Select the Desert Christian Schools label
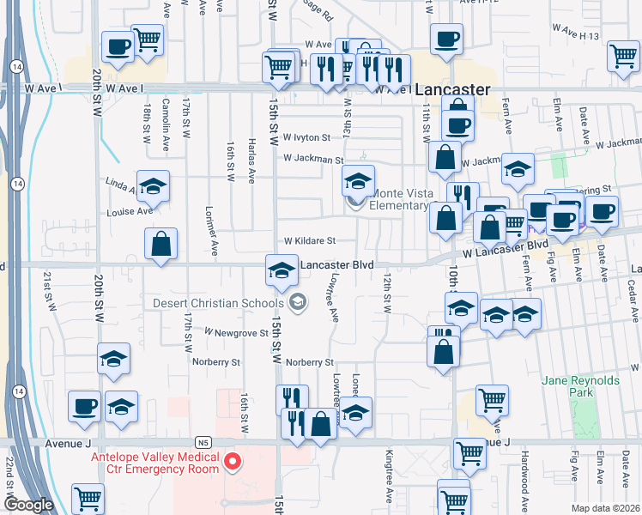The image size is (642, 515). point(221,302)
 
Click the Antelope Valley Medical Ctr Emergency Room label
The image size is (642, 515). point(154,463)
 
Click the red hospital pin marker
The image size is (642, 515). point(232,463)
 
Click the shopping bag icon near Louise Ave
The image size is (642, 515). point(160,245)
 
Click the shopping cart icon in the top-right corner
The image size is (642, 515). point(623,57)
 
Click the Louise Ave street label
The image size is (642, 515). point(129,211)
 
